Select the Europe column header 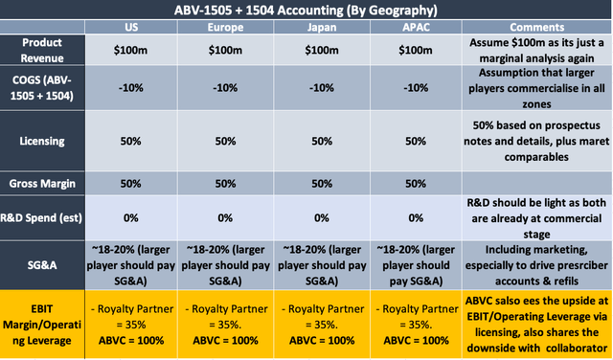pyautogui.click(x=226, y=27)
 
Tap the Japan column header pyautogui.click(x=322, y=27)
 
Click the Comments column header pyautogui.click(x=536, y=27)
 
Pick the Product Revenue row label pyautogui.click(x=42, y=50)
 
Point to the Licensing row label pyautogui.click(x=42, y=141)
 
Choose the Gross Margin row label pyautogui.click(x=42, y=183)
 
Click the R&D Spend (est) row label pyautogui.click(x=41, y=217)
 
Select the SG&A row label pyautogui.click(x=42, y=265)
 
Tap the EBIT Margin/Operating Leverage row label pyautogui.click(x=42, y=325)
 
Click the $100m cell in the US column pyautogui.click(x=130, y=50)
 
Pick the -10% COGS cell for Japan pyautogui.click(x=322, y=87)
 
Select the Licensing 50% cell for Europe pyautogui.click(x=226, y=141)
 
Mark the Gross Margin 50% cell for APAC pyautogui.click(x=416, y=183)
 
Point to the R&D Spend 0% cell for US pyautogui.click(x=130, y=217)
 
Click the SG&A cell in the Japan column pyautogui.click(x=322, y=265)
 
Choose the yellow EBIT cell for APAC pyautogui.click(x=416, y=325)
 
